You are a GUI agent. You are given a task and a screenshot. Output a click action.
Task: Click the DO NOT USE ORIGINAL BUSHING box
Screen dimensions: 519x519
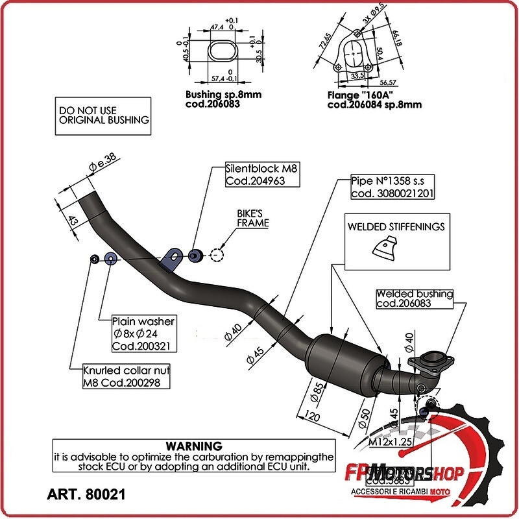(103, 115)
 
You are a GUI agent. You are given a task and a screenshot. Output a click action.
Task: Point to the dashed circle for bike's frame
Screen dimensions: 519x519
(217, 255)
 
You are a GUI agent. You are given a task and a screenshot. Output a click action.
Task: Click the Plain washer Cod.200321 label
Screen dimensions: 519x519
(143, 333)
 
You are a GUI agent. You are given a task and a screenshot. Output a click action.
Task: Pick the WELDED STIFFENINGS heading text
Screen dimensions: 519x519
(396, 227)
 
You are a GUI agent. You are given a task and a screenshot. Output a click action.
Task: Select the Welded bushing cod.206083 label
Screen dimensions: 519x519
(415, 298)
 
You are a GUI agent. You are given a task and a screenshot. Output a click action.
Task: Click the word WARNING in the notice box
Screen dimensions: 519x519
(194, 446)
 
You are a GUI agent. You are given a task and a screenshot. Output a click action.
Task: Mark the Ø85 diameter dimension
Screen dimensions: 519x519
(317, 390)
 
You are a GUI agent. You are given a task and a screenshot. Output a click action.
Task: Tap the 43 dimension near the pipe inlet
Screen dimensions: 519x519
(73, 221)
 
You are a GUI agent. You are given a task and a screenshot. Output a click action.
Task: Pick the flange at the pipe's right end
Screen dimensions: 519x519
(428, 361)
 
